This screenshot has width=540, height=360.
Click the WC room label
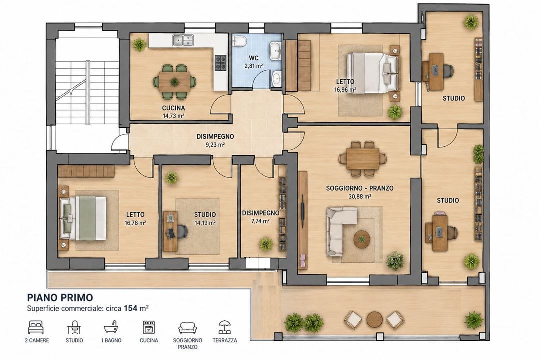[253, 58]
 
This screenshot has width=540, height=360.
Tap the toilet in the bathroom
[239, 41]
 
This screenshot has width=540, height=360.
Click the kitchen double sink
[183, 40]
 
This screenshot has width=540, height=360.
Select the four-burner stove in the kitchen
[221, 63]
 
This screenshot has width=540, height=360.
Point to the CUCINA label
[173, 108]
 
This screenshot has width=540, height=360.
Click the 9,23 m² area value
[215, 145]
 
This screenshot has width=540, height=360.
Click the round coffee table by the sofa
[362, 239]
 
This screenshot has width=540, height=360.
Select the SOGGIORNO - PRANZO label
[359, 188]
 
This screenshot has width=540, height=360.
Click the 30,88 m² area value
[359, 197]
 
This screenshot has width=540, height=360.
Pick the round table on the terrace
[374, 319]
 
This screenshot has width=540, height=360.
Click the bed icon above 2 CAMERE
[36, 327]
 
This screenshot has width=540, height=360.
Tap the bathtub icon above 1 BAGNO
[111, 327]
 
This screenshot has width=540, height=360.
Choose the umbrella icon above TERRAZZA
[225, 327]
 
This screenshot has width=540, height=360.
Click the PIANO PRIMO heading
[60, 297]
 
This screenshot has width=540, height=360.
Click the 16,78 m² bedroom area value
[135, 223]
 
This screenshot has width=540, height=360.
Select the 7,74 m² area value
[260, 221]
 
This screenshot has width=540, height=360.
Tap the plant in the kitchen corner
[139, 44]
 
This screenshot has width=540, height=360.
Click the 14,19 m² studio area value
[205, 223]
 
